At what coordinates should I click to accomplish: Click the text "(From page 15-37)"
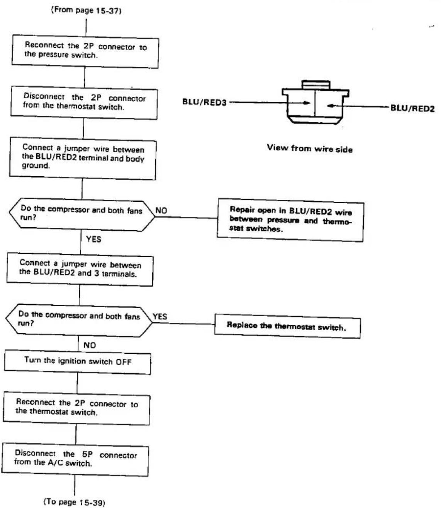(86, 10)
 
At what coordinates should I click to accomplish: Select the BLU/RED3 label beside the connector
(204, 102)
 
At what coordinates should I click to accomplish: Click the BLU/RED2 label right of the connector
(413, 108)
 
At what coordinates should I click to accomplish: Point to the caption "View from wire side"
(310, 149)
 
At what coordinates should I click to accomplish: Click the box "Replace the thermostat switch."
(287, 326)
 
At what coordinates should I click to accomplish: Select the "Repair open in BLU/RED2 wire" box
(290, 220)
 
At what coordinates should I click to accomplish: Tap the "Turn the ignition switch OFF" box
(78, 362)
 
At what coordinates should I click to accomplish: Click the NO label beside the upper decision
(161, 211)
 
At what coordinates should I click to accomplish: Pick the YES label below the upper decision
(93, 239)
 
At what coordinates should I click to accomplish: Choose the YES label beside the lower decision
(160, 316)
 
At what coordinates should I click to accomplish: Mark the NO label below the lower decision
(90, 345)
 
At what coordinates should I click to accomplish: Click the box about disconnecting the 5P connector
(75, 459)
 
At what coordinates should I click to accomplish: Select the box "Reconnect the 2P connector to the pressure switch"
(85, 51)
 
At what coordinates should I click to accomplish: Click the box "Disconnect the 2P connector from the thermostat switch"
(84, 103)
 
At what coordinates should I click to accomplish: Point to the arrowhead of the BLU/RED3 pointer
(307, 103)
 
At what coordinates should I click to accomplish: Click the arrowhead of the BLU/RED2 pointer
(330, 106)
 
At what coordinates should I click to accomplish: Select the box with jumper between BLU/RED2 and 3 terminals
(80, 270)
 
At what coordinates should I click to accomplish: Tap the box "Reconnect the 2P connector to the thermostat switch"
(76, 408)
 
